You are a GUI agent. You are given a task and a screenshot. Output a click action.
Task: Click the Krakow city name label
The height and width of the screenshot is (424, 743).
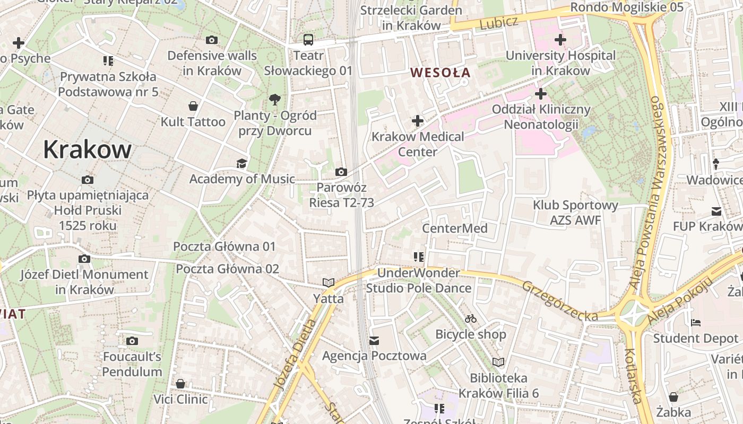[x=87, y=149]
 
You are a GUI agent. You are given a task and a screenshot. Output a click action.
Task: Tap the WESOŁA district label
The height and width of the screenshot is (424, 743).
[x=440, y=73]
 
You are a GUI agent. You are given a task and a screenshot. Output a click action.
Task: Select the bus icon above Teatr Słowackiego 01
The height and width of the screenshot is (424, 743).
[x=308, y=40]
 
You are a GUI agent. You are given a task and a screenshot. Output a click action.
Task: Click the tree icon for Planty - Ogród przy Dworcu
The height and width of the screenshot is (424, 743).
[x=274, y=99]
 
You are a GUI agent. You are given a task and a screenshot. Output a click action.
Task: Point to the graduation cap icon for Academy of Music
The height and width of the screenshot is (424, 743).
[x=242, y=163]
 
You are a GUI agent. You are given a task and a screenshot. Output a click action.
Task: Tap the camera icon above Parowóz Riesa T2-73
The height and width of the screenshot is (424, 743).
[x=341, y=172]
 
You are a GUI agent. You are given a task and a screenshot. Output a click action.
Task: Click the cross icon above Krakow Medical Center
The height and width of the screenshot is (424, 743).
[x=418, y=121]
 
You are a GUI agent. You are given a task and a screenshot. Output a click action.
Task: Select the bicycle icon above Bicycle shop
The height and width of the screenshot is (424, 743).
[x=470, y=319]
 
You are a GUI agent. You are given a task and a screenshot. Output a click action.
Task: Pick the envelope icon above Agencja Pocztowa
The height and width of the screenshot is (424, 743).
[x=375, y=340]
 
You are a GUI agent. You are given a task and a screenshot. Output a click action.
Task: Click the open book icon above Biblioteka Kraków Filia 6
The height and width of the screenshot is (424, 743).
[x=498, y=363]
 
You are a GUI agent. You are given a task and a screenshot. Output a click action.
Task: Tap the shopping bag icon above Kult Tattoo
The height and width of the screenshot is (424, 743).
[x=193, y=106]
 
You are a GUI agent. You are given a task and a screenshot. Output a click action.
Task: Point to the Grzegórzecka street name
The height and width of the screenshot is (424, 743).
[x=560, y=301]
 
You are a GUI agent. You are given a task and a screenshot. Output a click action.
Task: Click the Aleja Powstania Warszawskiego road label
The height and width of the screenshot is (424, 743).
[x=649, y=193]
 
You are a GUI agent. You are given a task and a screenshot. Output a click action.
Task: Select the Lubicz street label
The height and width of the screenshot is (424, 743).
[x=498, y=23]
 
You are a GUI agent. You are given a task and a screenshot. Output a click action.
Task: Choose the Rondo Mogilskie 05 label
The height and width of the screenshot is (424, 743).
[x=627, y=7]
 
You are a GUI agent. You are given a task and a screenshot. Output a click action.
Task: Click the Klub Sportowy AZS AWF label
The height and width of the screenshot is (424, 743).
[x=575, y=213]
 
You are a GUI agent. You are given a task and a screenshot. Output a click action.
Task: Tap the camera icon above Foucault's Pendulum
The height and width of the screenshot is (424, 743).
[x=132, y=341]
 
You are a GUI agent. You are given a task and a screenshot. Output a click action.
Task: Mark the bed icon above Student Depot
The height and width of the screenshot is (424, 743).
[x=696, y=322]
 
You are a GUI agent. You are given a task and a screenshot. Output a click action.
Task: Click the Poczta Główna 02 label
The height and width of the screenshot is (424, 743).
[x=227, y=269]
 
